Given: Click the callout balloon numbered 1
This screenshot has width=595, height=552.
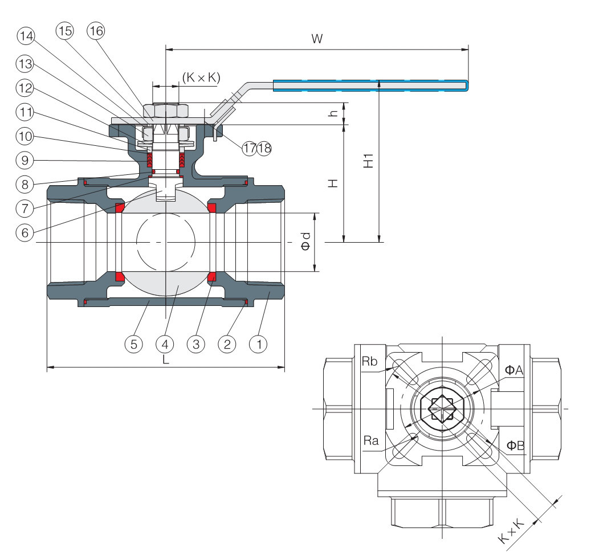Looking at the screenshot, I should coord(259,344).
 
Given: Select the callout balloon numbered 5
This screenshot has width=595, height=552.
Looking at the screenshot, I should coord(133,344).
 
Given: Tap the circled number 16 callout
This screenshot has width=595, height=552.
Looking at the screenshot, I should coord(96,31).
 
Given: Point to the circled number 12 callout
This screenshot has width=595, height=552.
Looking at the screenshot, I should coord(25,88).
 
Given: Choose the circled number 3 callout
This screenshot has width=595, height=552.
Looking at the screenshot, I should coord(195,344).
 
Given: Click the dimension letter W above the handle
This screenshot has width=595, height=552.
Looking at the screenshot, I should coord(317,39).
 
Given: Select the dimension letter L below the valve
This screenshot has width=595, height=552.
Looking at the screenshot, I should coord(165,359).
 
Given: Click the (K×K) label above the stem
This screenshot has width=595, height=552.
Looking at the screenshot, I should coord(201,78).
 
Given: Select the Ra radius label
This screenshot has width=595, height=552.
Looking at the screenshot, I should coord(370,441).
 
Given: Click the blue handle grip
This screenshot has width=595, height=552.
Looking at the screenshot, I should coord(370,86).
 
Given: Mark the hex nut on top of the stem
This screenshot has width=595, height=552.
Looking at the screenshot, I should coord(166,109).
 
